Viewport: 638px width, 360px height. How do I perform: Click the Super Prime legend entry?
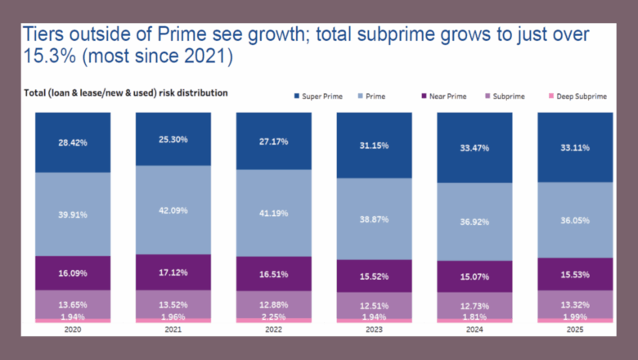[x=321, y=97]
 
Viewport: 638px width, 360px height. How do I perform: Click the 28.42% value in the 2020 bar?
[x=73, y=142]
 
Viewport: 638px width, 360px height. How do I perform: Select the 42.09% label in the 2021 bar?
[x=173, y=210]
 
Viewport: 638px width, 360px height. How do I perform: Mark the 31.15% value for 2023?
[x=374, y=146]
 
